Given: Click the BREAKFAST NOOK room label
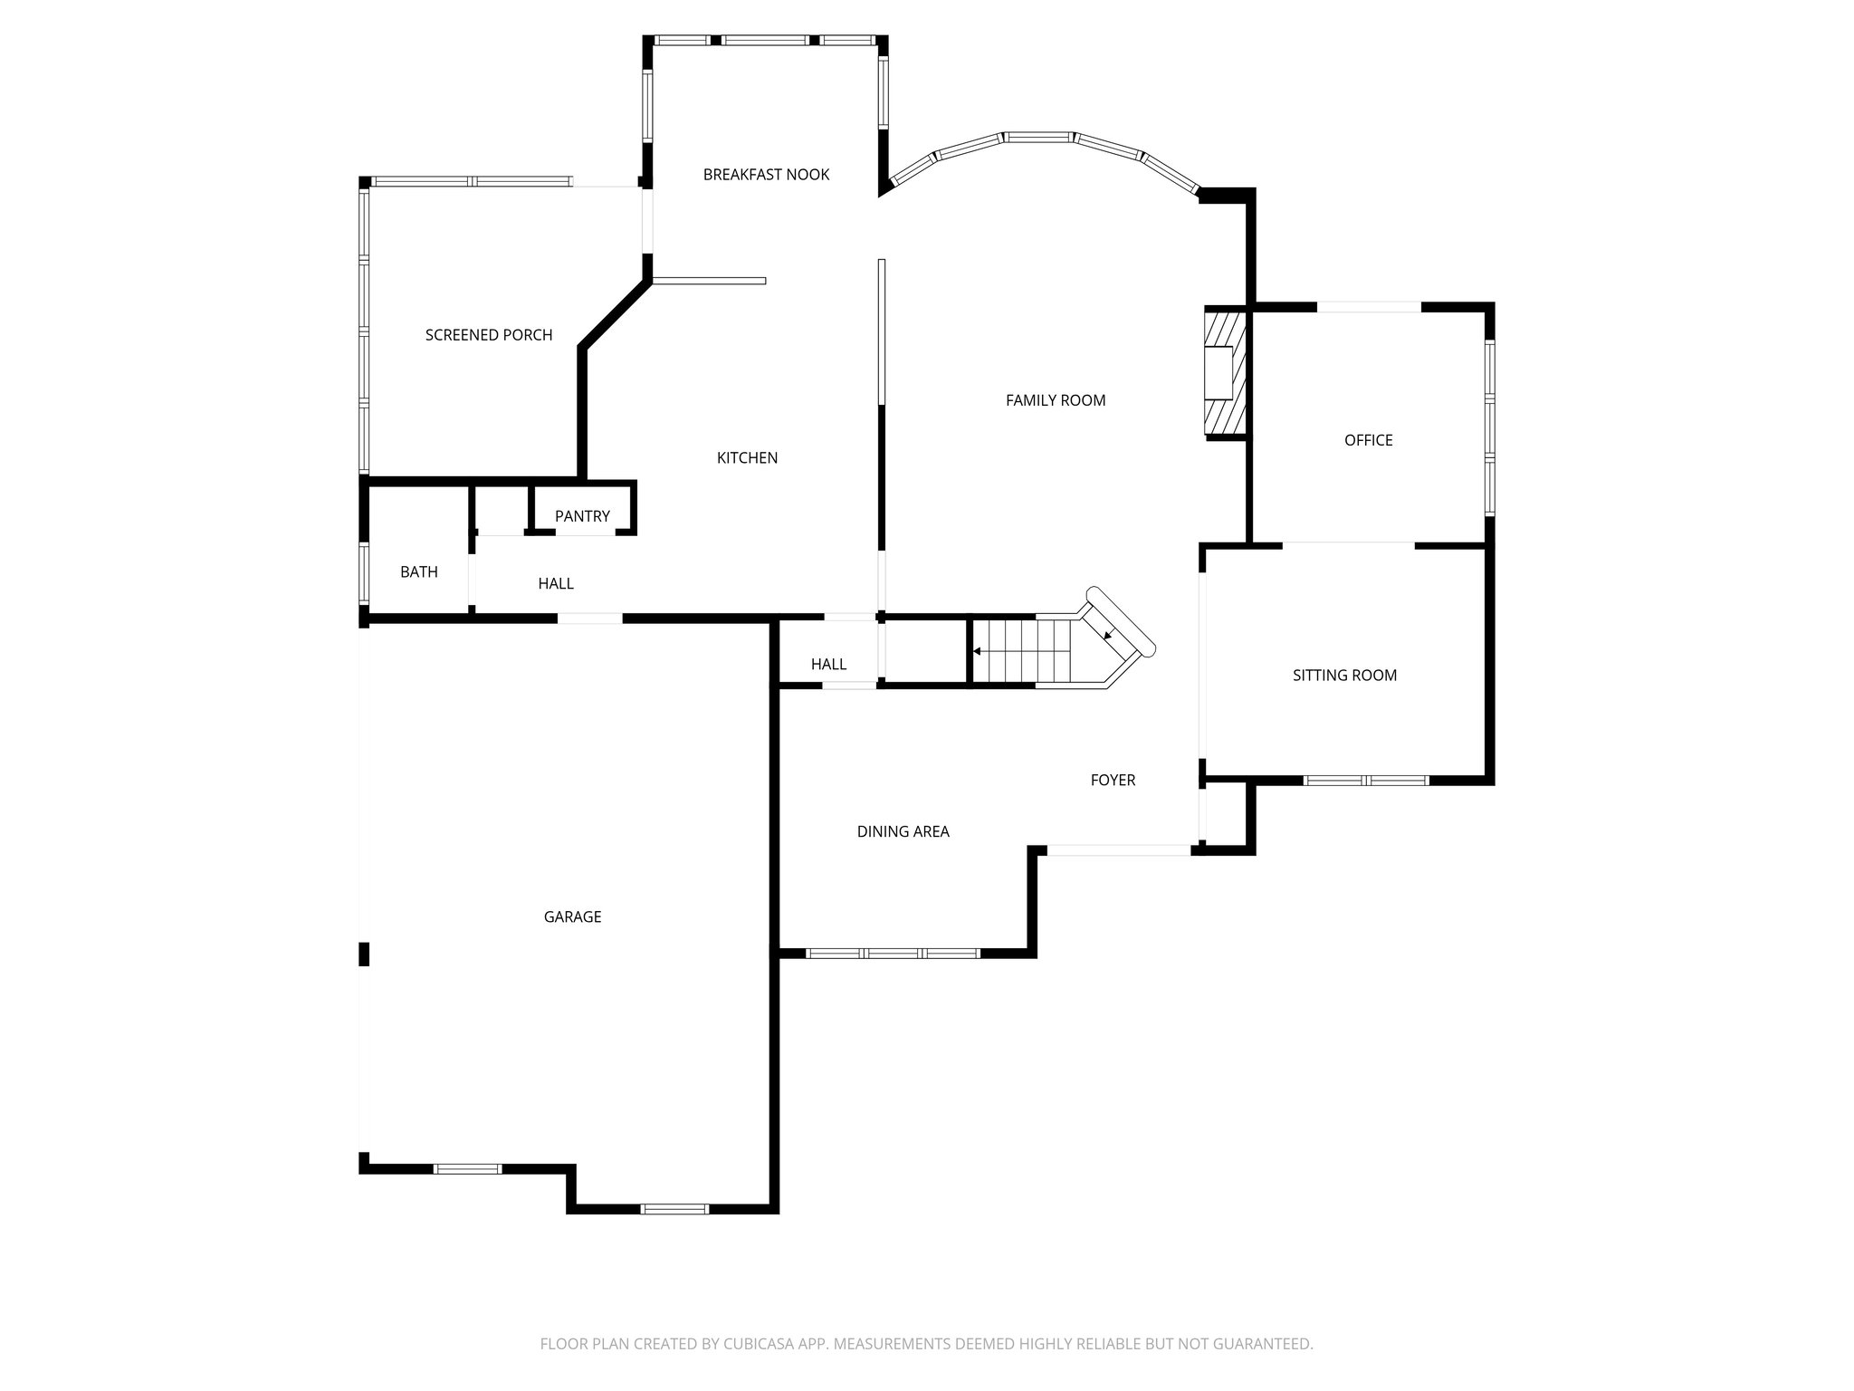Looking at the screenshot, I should (x=766, y=175).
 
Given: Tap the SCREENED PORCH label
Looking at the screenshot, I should (x=489, y=335).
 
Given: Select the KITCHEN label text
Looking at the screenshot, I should (x=747, y=458).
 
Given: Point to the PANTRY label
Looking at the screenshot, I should (x=582, y=516).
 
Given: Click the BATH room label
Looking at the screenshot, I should (x=419, y=572).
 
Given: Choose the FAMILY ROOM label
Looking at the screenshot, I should (x=1056, y=400).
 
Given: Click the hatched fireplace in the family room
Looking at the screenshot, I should (x=1225, y=373).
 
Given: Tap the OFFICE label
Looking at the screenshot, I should (x=1368, y=440).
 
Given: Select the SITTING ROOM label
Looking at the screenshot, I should (x=1344, y=676).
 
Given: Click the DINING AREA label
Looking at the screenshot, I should (x=903, y=831).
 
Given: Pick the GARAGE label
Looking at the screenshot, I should (x=572, y=917).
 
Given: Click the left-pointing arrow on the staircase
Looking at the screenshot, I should (x=978, y=651).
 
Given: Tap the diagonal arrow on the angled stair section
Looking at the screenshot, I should (x=1109, y=635).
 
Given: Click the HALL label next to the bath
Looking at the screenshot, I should (x=556, y=584).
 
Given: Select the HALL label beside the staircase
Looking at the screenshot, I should (x=828, y=665).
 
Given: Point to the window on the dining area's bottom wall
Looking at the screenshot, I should (x=893, y=954).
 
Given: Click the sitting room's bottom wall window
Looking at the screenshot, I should (x=1366, y=781).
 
